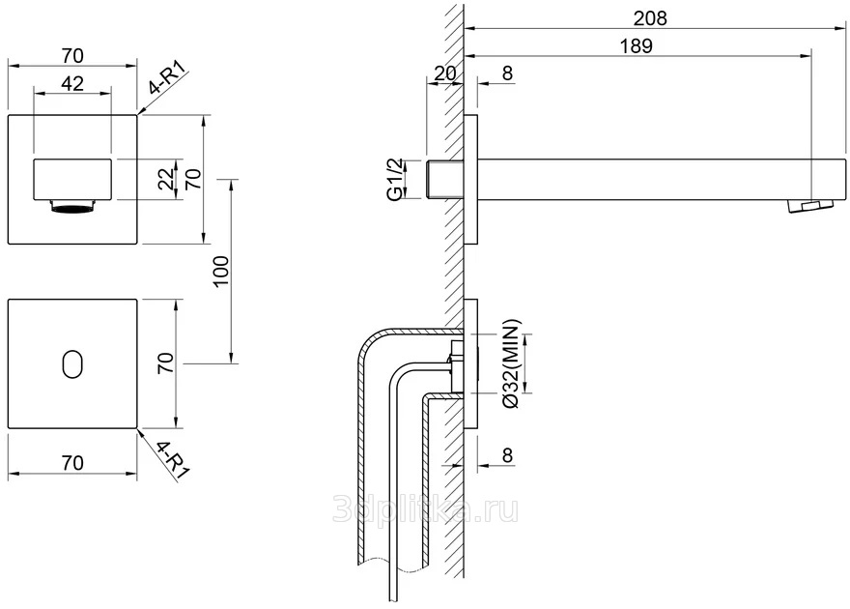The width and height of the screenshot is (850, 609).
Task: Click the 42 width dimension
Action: (x=71, y=83)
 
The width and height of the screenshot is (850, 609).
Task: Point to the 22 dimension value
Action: (x=167, y=178)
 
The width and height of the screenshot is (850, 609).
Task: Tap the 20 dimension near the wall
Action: (x=444, y=73)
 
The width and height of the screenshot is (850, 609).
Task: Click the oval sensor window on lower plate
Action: (x=71, y=363)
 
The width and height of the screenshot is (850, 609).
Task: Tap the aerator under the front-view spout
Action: (x=71, y=205)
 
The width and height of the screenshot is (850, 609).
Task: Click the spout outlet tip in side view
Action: (x=808, y=205)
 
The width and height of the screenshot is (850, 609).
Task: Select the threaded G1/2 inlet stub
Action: (x=441, y=179)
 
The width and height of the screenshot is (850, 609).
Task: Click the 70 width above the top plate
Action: (x=71, y=54)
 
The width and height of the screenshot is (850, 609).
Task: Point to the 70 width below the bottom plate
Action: (x=71, y=463)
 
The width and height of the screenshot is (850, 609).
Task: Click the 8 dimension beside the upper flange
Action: (x=507, y=73)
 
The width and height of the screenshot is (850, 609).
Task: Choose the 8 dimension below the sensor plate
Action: (x=507, y=456)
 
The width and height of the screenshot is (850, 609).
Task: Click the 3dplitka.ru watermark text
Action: (x=425, y=509)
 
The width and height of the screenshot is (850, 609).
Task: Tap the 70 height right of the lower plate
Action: (x=165, y=363)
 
